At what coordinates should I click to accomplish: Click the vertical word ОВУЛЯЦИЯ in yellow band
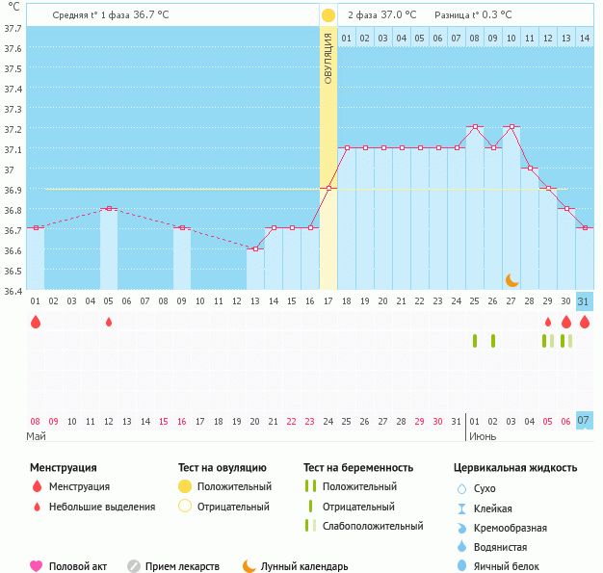328,59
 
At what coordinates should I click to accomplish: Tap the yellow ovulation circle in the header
328,15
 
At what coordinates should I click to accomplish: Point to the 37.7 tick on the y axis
13,29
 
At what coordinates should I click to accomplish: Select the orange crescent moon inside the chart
512,279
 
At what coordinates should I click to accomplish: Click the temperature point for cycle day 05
109,208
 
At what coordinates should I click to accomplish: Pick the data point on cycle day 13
255,248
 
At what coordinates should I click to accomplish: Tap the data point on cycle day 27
511,127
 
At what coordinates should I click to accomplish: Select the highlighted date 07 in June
584,421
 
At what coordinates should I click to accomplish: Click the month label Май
37,436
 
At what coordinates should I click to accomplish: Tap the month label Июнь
483,436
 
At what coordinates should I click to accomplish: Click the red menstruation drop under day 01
36,323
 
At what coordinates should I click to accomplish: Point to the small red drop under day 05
109,322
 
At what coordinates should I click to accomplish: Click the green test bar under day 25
475,340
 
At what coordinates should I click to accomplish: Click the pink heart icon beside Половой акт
37,566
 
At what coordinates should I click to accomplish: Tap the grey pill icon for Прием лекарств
134,566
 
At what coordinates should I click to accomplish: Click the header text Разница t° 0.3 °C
473,15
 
